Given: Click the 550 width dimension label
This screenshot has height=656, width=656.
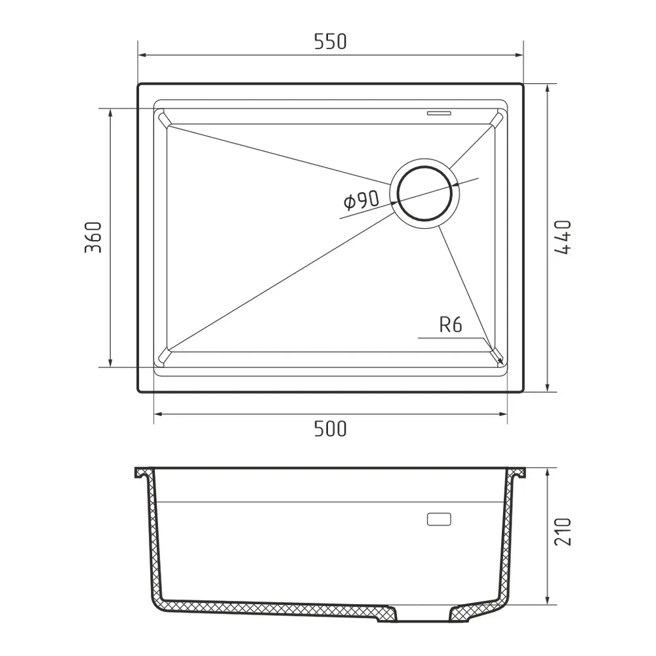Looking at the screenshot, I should (x=329, y=42).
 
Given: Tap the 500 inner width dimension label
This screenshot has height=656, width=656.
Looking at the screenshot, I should (x=329, y=429).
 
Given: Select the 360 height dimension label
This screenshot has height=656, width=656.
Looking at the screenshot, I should (x=92, y=237).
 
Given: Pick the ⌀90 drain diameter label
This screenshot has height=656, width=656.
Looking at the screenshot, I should (x=361, y=201).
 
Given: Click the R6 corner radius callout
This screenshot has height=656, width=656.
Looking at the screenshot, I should (x=451, y=325).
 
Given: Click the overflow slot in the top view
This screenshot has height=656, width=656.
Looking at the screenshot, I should (x=438, y=113).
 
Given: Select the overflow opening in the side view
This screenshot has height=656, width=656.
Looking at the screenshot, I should (x=438, y=520).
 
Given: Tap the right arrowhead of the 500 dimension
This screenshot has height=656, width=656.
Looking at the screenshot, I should (x=503, y=415).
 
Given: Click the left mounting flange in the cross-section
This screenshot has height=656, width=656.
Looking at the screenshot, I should (x=142, y=474).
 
